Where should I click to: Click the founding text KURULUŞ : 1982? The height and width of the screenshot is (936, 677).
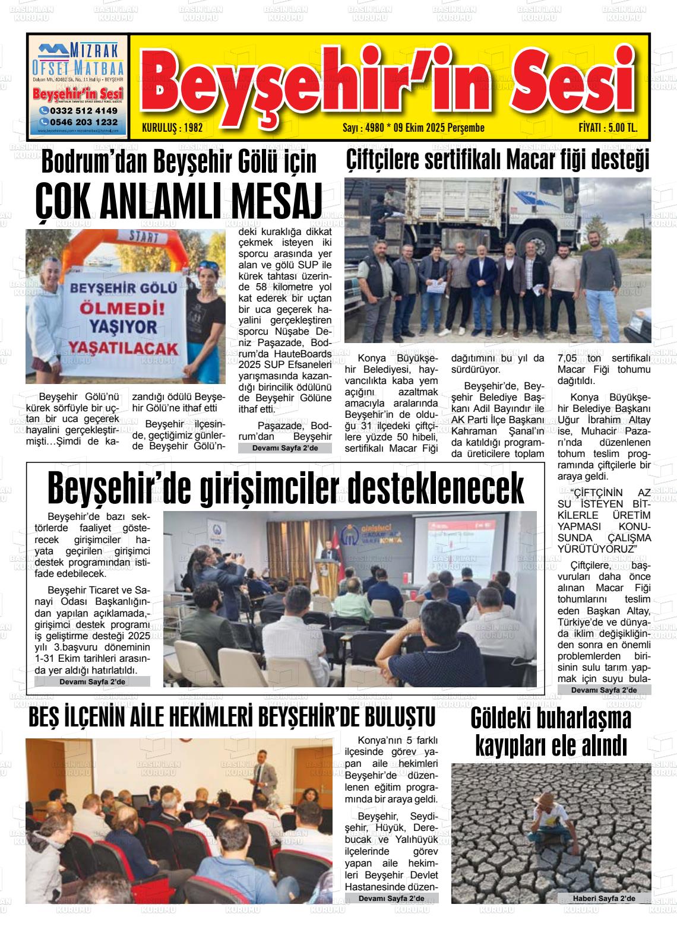click(173, 128)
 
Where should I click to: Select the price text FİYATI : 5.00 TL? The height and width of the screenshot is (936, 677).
click(608, 128)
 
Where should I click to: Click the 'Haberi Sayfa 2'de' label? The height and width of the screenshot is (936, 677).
click(603, 898)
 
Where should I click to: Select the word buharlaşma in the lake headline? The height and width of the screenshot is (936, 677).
click(551, 719)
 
